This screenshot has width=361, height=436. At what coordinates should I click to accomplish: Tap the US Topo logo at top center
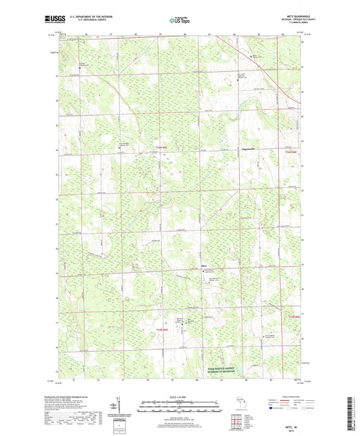[x=178, y=20]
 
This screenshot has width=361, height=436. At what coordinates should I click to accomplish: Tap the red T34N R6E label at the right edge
[x=292, y=152]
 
